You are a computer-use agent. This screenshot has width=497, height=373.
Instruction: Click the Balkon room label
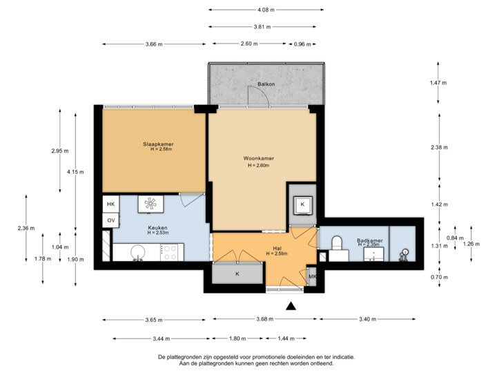[x=266, y=84]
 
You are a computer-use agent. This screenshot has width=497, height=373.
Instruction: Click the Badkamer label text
[x=370, y=240]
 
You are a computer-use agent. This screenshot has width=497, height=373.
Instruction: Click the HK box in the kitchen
[x=110, y=204]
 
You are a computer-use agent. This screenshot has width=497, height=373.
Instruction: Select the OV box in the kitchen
[x=110, y=220]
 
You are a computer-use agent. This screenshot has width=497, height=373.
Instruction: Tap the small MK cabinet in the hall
[x=312, y=278]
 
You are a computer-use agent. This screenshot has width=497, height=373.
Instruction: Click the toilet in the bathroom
[x=338, y=243]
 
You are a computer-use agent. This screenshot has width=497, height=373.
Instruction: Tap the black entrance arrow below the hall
[x=292, y=305]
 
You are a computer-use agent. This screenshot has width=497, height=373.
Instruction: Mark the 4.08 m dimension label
[x=266, y=10]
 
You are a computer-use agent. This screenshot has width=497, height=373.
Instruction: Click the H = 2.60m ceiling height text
[x=259, y=166]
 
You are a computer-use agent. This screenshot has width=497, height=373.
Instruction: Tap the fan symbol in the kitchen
[x=150, y=203]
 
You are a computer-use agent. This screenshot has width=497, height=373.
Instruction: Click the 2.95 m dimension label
[x=60, y=151]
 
